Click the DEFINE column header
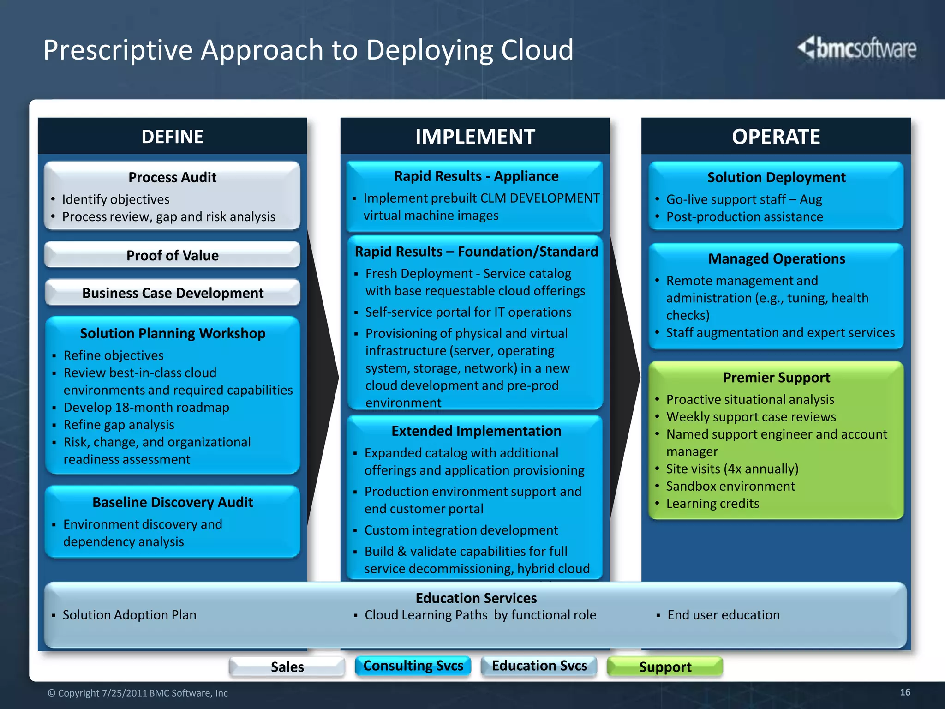pos(172,137)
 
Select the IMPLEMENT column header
pos(475,137)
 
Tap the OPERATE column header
pos(776,137)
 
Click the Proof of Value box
pos(172,255)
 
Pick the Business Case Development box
pos(172,293)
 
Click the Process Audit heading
pos(172,177)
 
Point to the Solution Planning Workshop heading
pos(172,333)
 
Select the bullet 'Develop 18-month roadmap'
pos(146,408)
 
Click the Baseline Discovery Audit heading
pos(172,502)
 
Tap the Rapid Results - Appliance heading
pos(476,176)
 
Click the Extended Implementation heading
pos(476,431)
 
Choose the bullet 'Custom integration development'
pos(461,530)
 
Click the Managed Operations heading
pos(776,259)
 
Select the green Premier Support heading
pos(776,378)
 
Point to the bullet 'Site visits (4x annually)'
pos(732,469)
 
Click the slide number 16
pos(905,692)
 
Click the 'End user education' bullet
pos(723,615)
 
